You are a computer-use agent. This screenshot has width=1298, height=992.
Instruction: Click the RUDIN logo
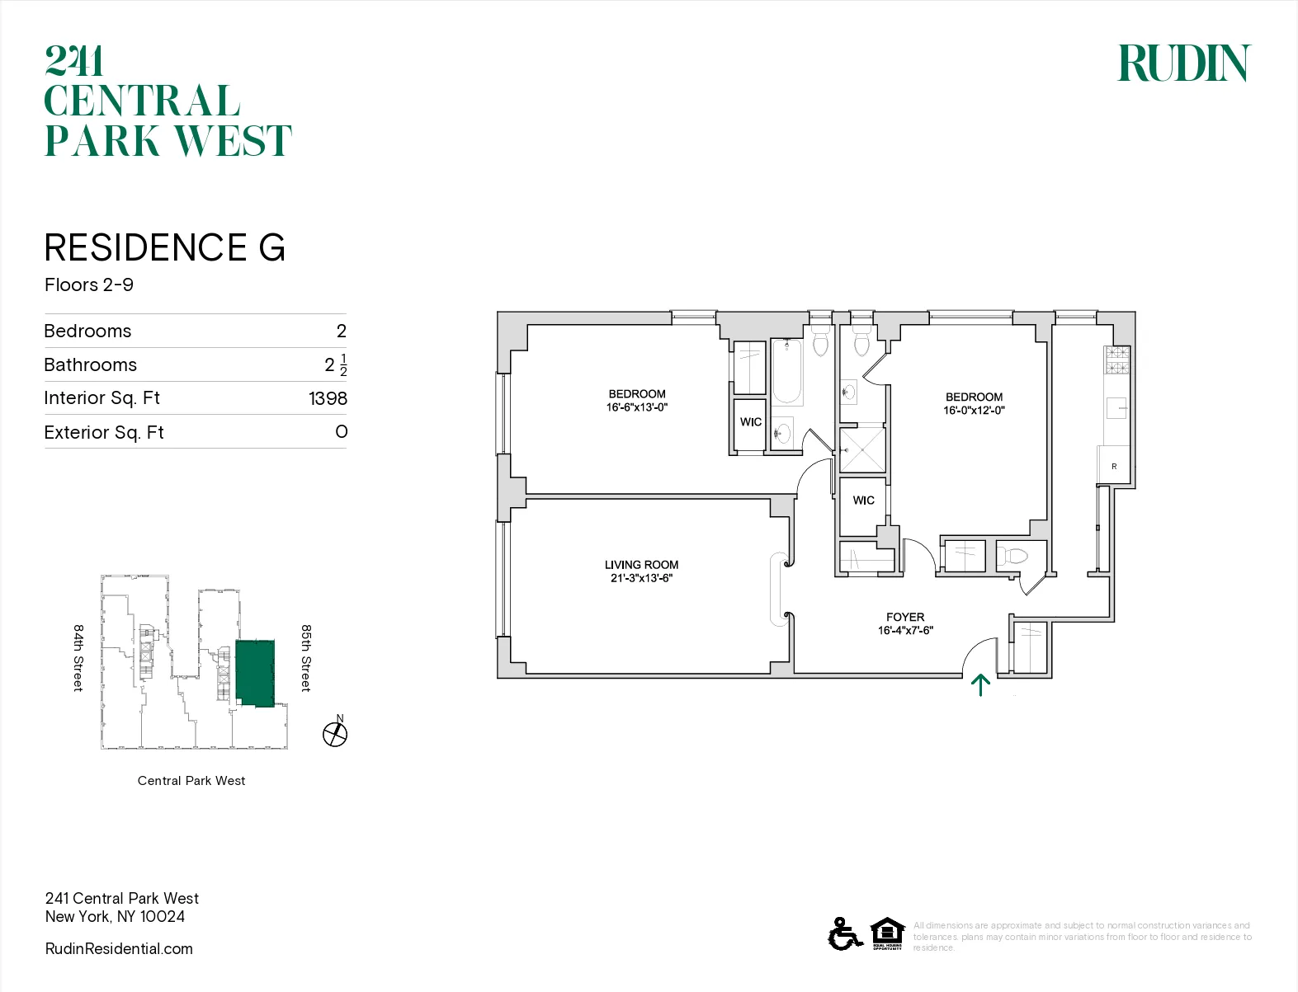[x=1183, y=63]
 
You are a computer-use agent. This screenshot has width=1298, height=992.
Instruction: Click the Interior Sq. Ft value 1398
[x=328, y=398]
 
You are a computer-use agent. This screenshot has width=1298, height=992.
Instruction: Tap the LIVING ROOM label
[x=641, y=571]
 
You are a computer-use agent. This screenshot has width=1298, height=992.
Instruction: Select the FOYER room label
[x=905, y=623]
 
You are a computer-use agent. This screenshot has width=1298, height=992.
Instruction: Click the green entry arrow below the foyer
[x=980, y=684]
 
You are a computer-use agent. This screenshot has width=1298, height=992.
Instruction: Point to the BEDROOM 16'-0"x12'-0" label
[x=974, y=403]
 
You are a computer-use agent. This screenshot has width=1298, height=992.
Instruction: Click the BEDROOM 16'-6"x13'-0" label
[x=637, y=400]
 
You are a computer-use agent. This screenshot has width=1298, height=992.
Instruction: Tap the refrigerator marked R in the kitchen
[x=1114, y=465]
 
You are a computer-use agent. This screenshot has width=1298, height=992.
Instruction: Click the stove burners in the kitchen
[x=1116, y=360]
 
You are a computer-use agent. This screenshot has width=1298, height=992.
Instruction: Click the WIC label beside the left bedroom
[x=750, y=422]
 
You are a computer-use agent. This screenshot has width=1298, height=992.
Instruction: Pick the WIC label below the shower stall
[x=863, y=501]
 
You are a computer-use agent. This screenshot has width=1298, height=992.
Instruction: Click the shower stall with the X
[x=862, y=449]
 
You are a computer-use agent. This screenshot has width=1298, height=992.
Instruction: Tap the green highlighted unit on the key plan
[x=255, y=672]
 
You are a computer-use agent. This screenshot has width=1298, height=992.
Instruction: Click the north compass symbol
[x=335, y=733]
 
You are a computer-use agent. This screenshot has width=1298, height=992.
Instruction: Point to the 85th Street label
[x=306, y=657]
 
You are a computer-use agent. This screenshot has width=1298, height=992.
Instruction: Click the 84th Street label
[x=78, y=657]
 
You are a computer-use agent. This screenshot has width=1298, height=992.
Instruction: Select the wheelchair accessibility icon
[x=844, y=934]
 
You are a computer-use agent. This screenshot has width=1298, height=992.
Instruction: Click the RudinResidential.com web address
[x=119, y=948]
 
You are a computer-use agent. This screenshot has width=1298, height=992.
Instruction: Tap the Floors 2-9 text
[x=89, y=285]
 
